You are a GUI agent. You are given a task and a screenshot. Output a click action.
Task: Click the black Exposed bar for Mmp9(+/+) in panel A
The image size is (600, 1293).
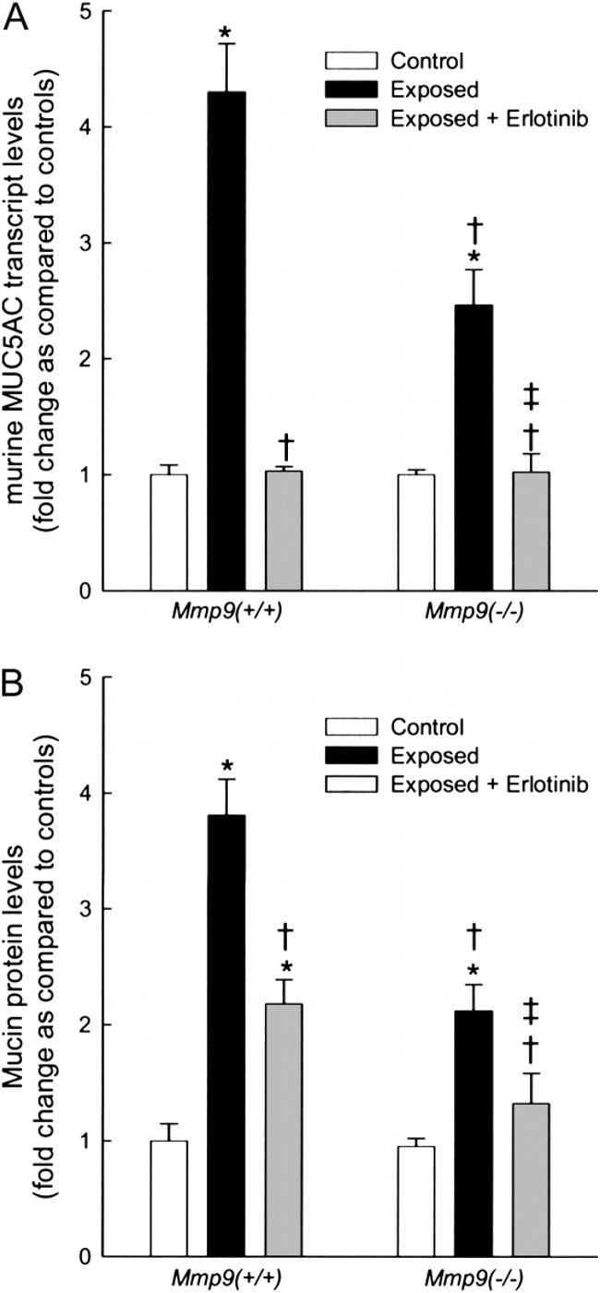[226, 341]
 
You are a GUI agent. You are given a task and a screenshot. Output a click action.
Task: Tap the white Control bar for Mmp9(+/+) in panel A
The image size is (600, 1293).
[169, 533]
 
